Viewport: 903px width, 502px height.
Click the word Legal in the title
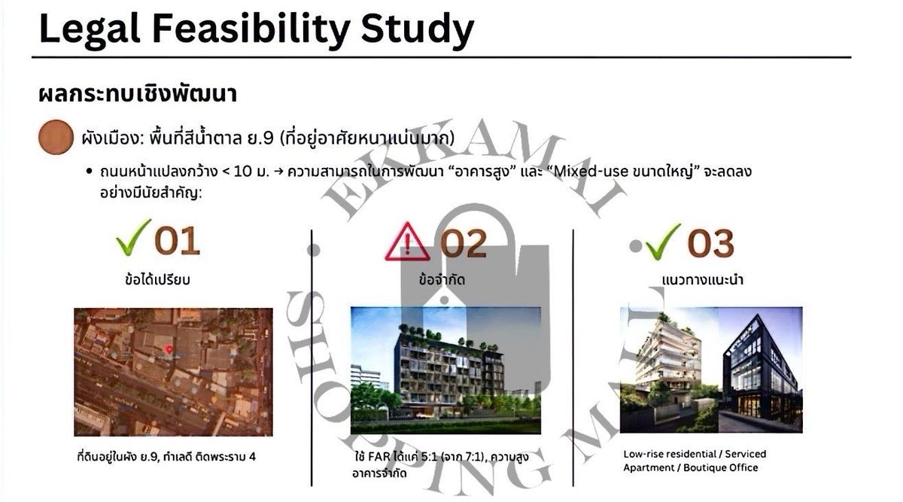point(90,30)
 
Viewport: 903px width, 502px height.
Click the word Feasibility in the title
point(251,30)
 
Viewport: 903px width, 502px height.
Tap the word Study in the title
point(418,30)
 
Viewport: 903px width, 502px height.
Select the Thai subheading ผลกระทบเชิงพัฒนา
point(138,94)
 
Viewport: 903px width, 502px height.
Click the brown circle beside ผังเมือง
point(56,137)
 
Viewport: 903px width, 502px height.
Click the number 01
point(177,241)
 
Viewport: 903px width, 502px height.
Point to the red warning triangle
point(407,243)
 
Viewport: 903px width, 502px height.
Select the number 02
point(464,243)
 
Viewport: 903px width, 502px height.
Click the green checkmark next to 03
point(663,242)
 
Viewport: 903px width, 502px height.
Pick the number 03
point(710,244)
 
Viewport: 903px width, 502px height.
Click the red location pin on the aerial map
point(169,350)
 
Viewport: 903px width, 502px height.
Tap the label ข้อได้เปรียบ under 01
point(157,279)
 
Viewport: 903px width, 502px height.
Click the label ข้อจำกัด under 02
point(442,279)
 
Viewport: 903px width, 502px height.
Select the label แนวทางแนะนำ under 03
point(703,280)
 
